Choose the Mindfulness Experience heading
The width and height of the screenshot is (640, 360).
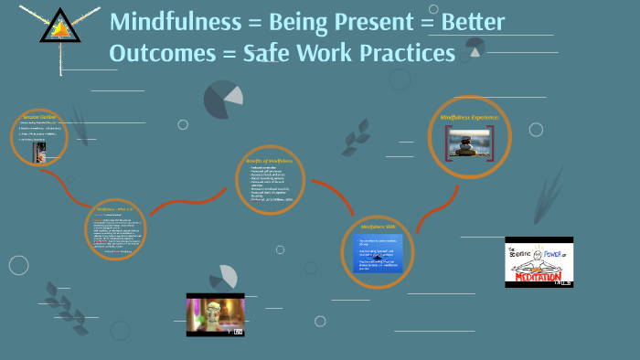(469, 117)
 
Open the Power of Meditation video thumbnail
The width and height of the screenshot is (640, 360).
(539, 262)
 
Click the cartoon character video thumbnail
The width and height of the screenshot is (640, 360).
(216, 314)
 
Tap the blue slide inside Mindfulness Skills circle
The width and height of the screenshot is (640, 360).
(379, 253)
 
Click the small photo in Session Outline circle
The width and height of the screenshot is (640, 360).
(39, 152)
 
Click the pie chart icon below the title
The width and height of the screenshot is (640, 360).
(223, 99)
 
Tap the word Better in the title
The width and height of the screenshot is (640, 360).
(471, 23)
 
